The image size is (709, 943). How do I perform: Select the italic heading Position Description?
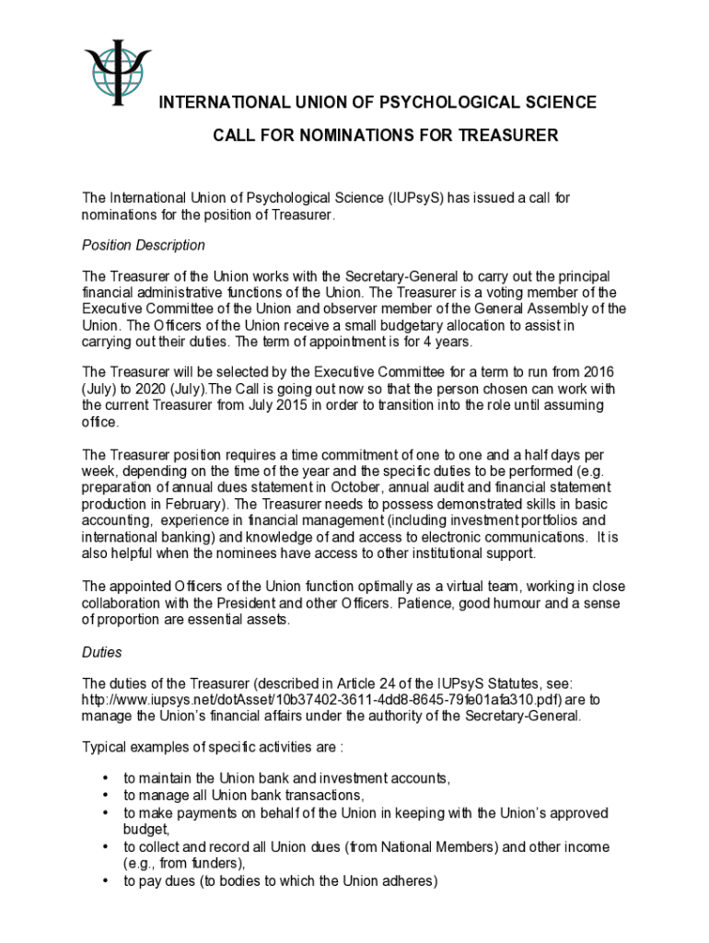tap(144, 245)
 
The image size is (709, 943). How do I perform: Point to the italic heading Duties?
tap(102, 652)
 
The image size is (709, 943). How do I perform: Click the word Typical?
tap(106, 745)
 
